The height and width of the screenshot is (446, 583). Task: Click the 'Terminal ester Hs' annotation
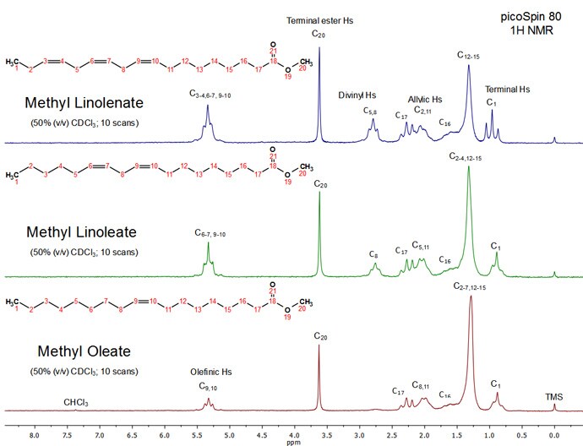point(319,19)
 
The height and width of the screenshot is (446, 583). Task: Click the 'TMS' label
point(554,396)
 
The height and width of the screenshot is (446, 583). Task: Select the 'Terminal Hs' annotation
point(507,89)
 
